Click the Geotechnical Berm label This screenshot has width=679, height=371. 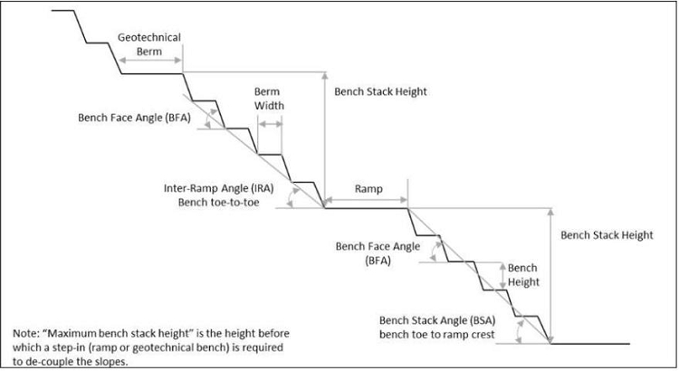point(149,44)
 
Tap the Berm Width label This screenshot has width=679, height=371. point(269,99)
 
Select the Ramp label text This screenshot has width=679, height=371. point(368,189)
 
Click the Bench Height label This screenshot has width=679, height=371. point(523,275)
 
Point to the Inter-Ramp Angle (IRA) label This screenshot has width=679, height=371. point(219,188)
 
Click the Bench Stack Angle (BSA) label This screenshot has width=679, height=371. point(437,321)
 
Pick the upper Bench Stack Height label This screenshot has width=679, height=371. point(380,91)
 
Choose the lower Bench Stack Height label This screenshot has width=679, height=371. point(607,235)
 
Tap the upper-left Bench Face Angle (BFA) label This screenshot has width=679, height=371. point(134,118)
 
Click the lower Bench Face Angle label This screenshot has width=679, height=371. point(378,253)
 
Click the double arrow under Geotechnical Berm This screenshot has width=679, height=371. point(149,60)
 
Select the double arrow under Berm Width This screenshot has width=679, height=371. point(270,124)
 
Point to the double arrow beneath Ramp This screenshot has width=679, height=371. point(366,200)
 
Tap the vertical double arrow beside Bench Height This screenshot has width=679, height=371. point(502,276)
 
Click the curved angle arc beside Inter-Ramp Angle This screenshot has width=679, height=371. point(291,199)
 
